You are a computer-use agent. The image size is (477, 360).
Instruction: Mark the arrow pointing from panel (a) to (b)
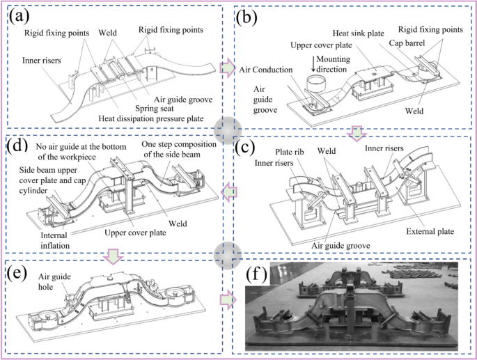point(226,68)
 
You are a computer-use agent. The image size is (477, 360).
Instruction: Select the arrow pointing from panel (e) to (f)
point(226,300)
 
